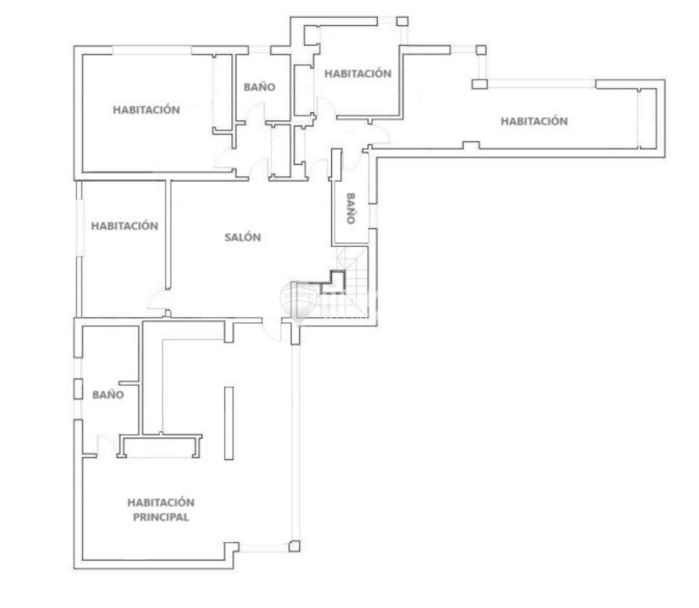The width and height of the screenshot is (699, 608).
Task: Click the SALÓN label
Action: pyautogui.click(x=243, y=237)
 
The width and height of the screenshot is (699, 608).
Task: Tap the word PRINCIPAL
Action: pyautogui.click(x=161, y=517)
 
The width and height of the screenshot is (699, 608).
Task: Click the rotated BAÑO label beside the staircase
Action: pyautogui.click(x=350, y=208)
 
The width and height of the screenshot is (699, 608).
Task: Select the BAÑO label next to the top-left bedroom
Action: pyautogui.click(x=259, y=87)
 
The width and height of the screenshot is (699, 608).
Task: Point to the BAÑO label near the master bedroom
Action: pyautogui.click(x=108, y=395)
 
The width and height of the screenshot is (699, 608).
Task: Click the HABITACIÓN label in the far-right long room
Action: pyautogui.click(x=534, y=121)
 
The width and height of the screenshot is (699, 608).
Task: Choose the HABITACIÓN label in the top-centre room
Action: pyautogui.click(x=358, y=74)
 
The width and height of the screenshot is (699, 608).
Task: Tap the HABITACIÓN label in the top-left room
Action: pyautogui.click(x=146, y=110)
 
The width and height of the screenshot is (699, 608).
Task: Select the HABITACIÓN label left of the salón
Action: pyautogui.click(x=124, y=226)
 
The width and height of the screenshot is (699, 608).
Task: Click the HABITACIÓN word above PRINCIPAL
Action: pyautogui.click(x=161, y=502)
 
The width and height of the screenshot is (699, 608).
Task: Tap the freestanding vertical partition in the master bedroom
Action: pyautogui.click(x=228, y=424)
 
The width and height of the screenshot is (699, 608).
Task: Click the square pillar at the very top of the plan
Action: pyautogui.click(x=402, y=21)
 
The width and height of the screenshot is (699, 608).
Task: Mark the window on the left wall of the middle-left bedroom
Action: pyautogui.click(x=80, y=228)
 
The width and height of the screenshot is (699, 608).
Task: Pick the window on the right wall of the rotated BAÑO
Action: pyautogui.click(x=373, y=216)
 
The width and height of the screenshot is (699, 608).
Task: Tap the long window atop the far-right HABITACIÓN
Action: pyautogui.click(x=541, y=84)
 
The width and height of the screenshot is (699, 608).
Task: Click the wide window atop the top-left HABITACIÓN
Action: pyautogui.click(x=152, y=50)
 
